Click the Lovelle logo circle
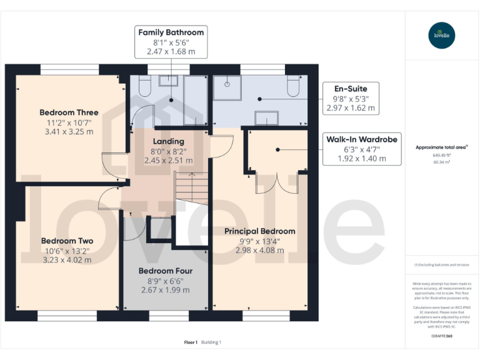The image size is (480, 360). pos(442,35)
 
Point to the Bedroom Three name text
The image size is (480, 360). pos(69,112)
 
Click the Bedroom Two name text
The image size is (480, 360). pos(67,241)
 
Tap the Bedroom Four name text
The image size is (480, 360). pos(165,271)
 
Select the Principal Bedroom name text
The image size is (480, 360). pos(259,231)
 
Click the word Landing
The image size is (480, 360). pos(168,141)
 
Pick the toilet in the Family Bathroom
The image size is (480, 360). pos(145,86)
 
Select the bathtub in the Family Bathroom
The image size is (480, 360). pos(196,100)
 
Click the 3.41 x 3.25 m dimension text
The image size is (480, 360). pos(69,132)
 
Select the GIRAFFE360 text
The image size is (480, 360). pos(442,336)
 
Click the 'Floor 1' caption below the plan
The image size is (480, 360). pos(191,342)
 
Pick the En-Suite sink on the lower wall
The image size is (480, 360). pos(266,117)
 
